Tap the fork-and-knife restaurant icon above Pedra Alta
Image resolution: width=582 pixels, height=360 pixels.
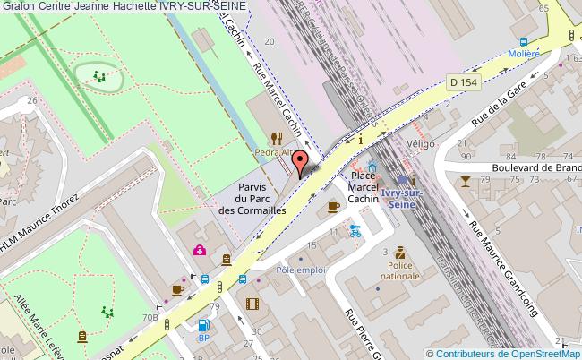tap(278, 137)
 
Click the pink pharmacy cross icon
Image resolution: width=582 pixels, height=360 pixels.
tap(198, 250)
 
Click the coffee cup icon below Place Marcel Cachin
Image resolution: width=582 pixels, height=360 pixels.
tap(334, 207)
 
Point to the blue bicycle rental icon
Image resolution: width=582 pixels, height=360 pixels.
tap(355, 228)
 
